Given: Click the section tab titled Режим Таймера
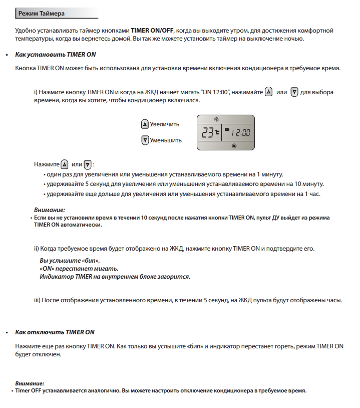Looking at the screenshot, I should click(x=41, y=12).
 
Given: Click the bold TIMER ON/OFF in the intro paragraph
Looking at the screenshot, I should click(x=152, y=31).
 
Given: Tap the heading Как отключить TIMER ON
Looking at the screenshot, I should click(x=55, y=332).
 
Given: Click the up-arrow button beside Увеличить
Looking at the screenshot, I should click(x=145, y=124).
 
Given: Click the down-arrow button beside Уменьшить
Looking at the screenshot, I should click(x=145, y=140).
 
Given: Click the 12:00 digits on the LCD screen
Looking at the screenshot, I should click(x=242, y=133).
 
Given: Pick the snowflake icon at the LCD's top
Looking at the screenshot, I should click(x=217, y=119).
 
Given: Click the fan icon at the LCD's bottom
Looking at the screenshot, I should click(x=233, y=146).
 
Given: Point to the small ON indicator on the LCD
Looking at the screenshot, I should click(x=227, y=129).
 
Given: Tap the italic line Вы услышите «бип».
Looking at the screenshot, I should click(x=70, y=261).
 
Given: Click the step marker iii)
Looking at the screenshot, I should click(x=37, y=300).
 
